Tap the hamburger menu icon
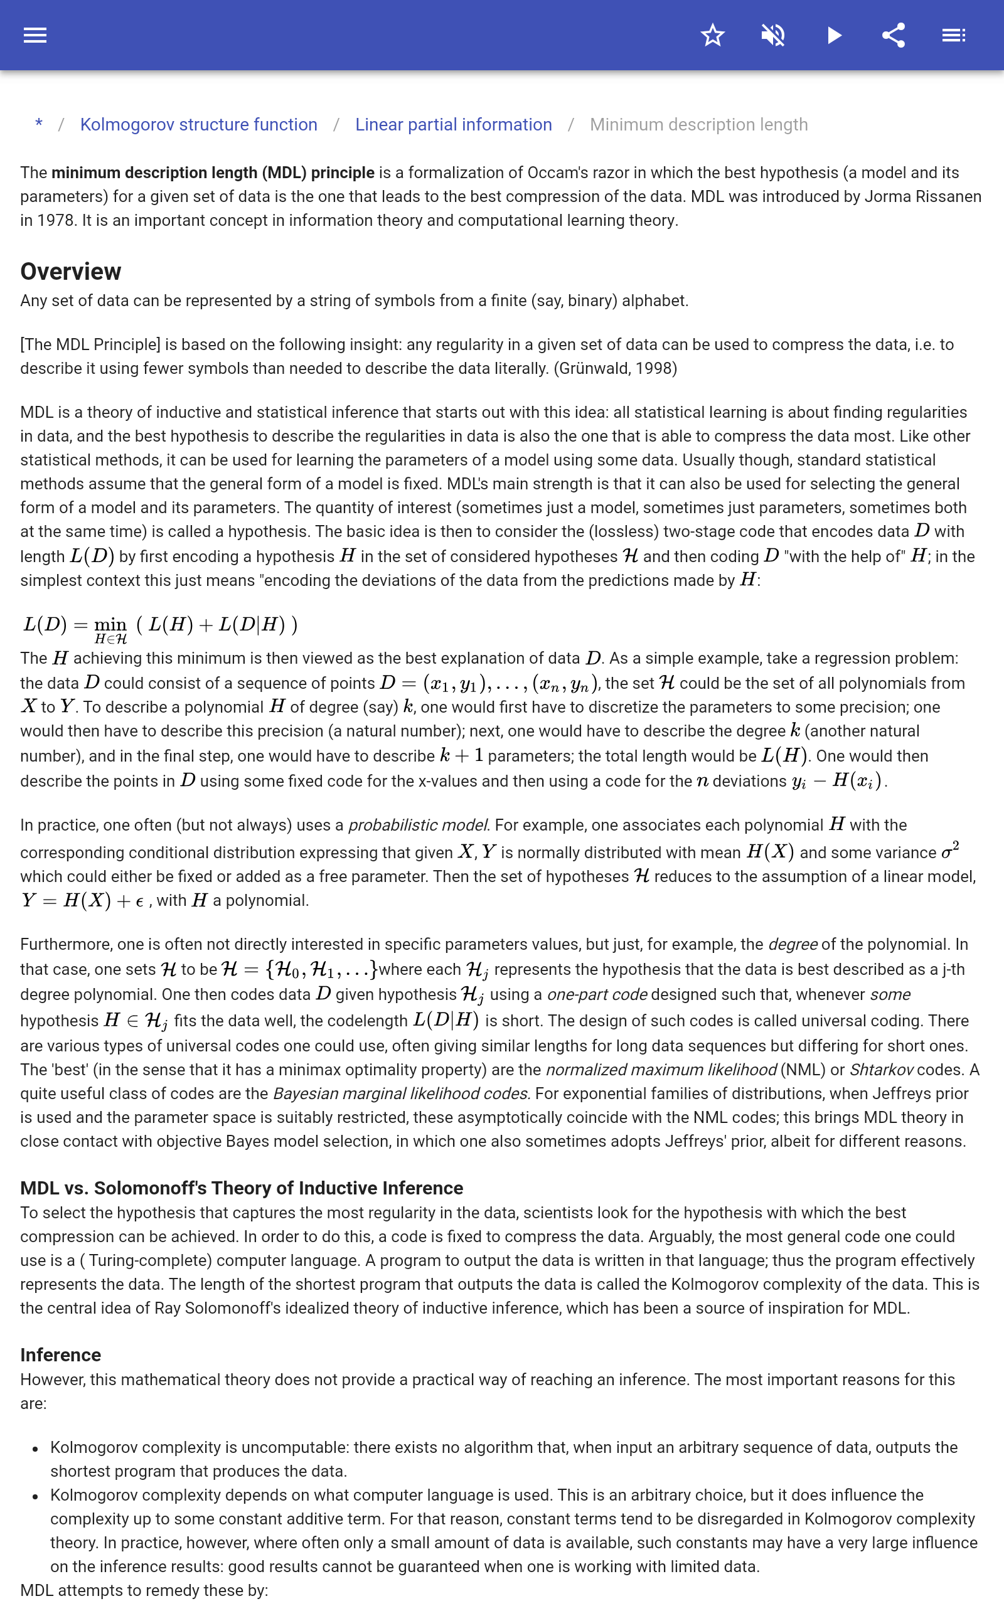click(x=35, y=35)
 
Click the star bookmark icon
click(x=712, y=35)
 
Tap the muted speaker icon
click(x=773, y=35)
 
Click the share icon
click(x=894, y=35)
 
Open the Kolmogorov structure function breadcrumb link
click(x=198, y=125)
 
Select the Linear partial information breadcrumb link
click(x=454, y=125)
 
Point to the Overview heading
click(x=70, y=272)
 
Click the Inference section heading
click(x=60, y=1354)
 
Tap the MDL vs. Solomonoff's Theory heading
click(x=242, y=1188)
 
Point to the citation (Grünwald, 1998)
click(x=616, y=368)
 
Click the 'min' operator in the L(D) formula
click(x=110, y=624)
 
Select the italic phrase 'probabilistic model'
click(x=419, y=825)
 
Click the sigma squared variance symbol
click(x=950, y=851)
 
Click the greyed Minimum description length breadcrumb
click(x=698, y=125)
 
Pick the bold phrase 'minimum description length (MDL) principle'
click(x=213, y=173)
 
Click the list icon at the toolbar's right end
click(x=954, y=35)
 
